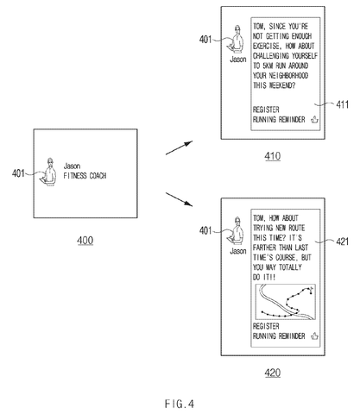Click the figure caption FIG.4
tap(180, 404)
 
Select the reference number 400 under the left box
tap(85, 241)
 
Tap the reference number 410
tap(273, 156)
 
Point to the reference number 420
tap(273, 373)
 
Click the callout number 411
tap(343, 104)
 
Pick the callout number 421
tap(343, 241)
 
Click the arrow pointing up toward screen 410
tap(179, 147)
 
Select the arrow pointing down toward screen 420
tap(179, 199)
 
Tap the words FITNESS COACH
tap(85, 176)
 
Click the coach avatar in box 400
tap(48, 172)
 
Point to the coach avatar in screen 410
tap(236, 39)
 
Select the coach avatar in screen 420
tap(236, 231)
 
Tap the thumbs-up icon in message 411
tap(315, 119)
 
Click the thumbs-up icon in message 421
tap(315, 336)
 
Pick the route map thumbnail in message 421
tap(286, 302)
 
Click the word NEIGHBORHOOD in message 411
tap(288, 76)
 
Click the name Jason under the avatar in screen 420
tap(238, 251)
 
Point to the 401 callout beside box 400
tap(18, 173)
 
